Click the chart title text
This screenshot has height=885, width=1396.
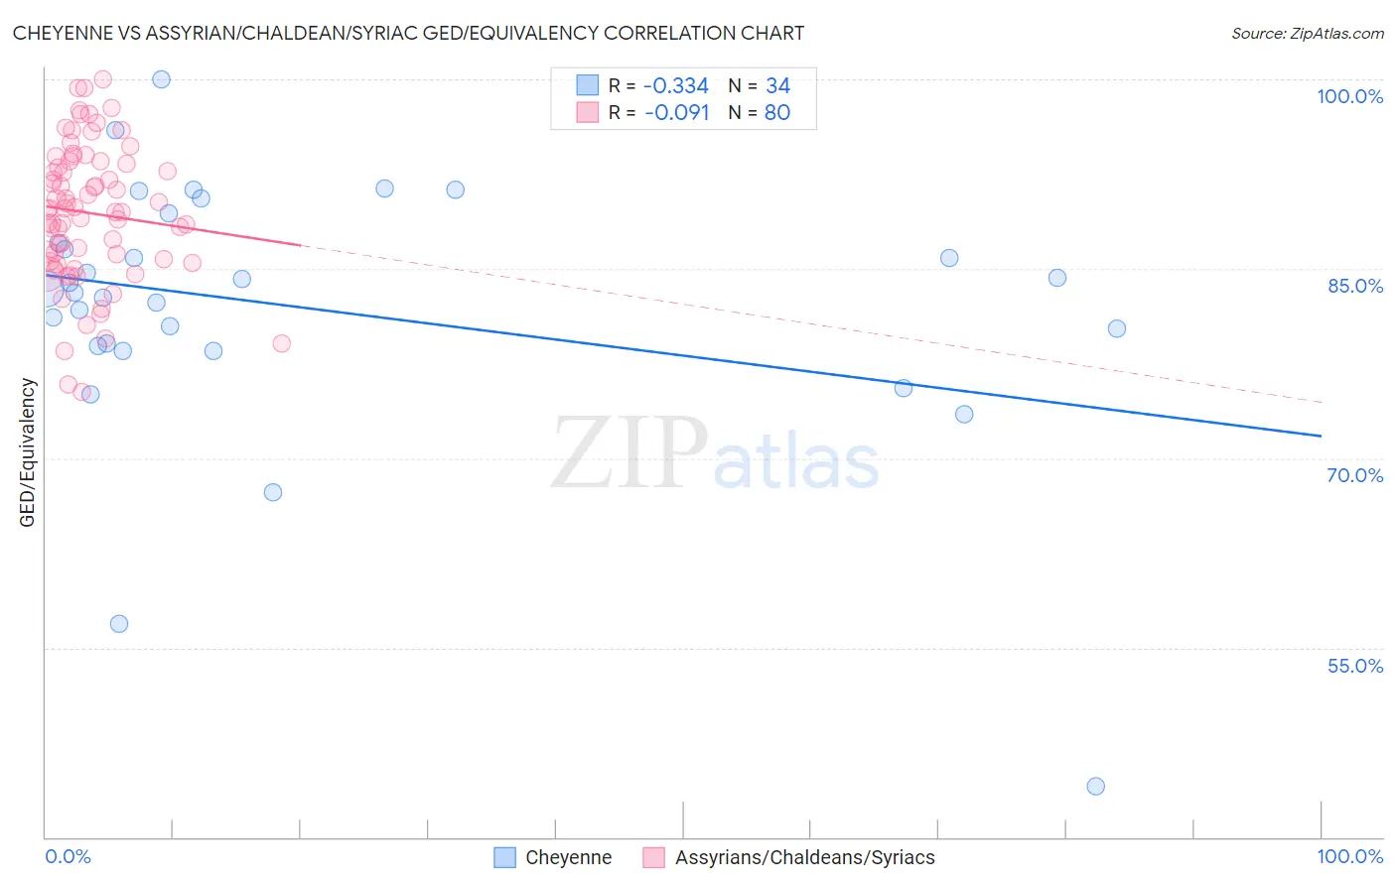tap(408, 33)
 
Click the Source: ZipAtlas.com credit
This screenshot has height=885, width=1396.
tap(1307, 33)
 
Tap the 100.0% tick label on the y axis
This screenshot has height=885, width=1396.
tap(1349, 96)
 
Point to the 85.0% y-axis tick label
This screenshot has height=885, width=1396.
tap(1354, 286)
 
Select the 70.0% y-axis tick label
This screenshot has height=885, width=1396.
tap(1354, 475)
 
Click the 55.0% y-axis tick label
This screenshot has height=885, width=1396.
tap(1354, 666)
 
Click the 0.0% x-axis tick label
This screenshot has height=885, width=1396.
tap(68, 856)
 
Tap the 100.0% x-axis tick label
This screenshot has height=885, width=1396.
tap(1349, 856)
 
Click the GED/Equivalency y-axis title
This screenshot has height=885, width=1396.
tap(28, 452)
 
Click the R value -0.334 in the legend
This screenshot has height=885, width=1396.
tap(676, 86)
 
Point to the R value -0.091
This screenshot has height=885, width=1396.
tap(676, 113)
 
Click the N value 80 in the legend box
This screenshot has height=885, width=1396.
tap(777, 113)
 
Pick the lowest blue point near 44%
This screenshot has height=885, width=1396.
tap(1095, 787)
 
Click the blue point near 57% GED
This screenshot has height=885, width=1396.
tap(119, 624)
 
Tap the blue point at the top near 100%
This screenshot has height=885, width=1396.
tap(161, 79)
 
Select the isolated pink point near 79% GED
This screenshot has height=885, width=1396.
tap(281, 344)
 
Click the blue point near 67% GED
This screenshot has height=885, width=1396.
tap(273, 492)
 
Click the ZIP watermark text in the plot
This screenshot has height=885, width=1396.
tap(629, 453)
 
